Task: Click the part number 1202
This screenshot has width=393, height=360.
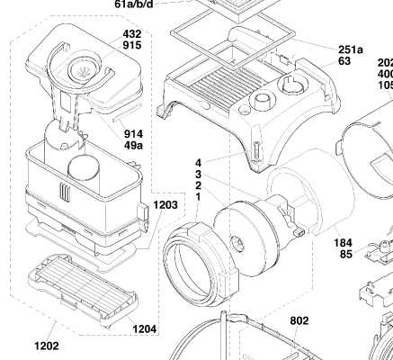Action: point(47,346)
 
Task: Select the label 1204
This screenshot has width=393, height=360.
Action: point(145,329)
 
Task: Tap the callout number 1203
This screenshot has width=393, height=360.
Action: point(165,205)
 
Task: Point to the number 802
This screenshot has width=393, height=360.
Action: point(299,320)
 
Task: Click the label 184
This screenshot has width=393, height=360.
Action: point(344,243)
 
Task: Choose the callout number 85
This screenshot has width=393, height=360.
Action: point(346,254)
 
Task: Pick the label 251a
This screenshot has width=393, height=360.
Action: point(351,49)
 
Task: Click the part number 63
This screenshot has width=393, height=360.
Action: point(344,61)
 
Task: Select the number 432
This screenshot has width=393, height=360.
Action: point(132,33)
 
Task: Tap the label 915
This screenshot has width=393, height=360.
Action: point(132,45)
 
